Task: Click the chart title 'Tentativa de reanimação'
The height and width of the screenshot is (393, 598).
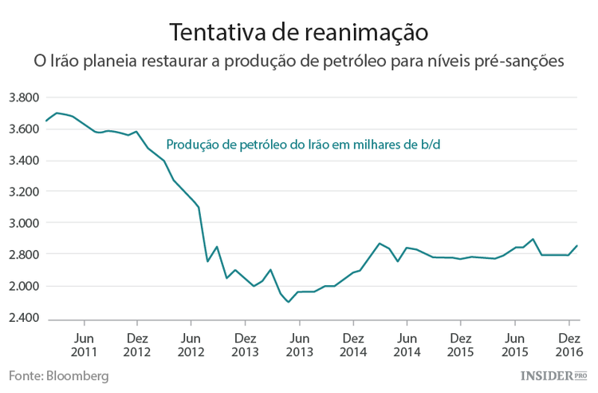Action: (299, 32)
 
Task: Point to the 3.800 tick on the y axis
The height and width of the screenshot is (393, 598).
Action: (23, 98)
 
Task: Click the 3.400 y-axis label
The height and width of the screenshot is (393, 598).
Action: (23, 161)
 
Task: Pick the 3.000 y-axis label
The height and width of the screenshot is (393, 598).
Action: (23, 223)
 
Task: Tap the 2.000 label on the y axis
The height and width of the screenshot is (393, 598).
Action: (23, 286)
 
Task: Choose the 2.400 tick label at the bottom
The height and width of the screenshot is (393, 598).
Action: (23, 318)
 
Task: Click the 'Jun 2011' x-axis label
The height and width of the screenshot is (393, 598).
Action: (84, 343)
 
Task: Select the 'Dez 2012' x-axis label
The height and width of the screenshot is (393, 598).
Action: (137, 343)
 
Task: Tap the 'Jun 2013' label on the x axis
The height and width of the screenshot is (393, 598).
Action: (299, 343)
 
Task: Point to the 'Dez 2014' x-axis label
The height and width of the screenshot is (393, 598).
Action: (352, 343)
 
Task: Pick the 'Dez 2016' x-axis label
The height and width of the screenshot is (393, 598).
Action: (568, 343)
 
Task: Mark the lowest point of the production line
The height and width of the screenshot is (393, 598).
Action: (289, 302)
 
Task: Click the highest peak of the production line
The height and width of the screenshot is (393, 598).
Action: (56, 113)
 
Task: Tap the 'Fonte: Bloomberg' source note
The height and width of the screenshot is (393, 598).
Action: (59, 375)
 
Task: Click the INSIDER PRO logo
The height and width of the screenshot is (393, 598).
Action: (553, 375)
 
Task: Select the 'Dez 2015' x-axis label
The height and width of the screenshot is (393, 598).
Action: (460, 343)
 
